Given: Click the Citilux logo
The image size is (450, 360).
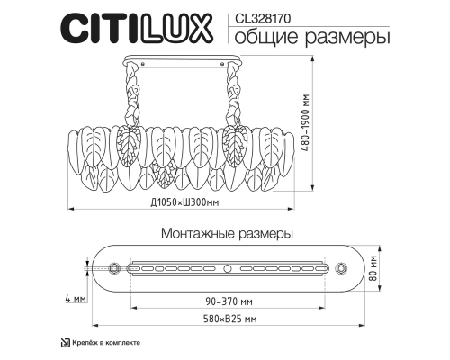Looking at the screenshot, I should tap(134, 29).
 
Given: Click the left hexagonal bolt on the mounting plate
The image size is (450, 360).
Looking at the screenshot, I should tap(114, 267).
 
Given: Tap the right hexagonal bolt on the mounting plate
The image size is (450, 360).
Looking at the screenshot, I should tap(340, 267).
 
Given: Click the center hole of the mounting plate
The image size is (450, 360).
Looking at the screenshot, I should tap(228, 267).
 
